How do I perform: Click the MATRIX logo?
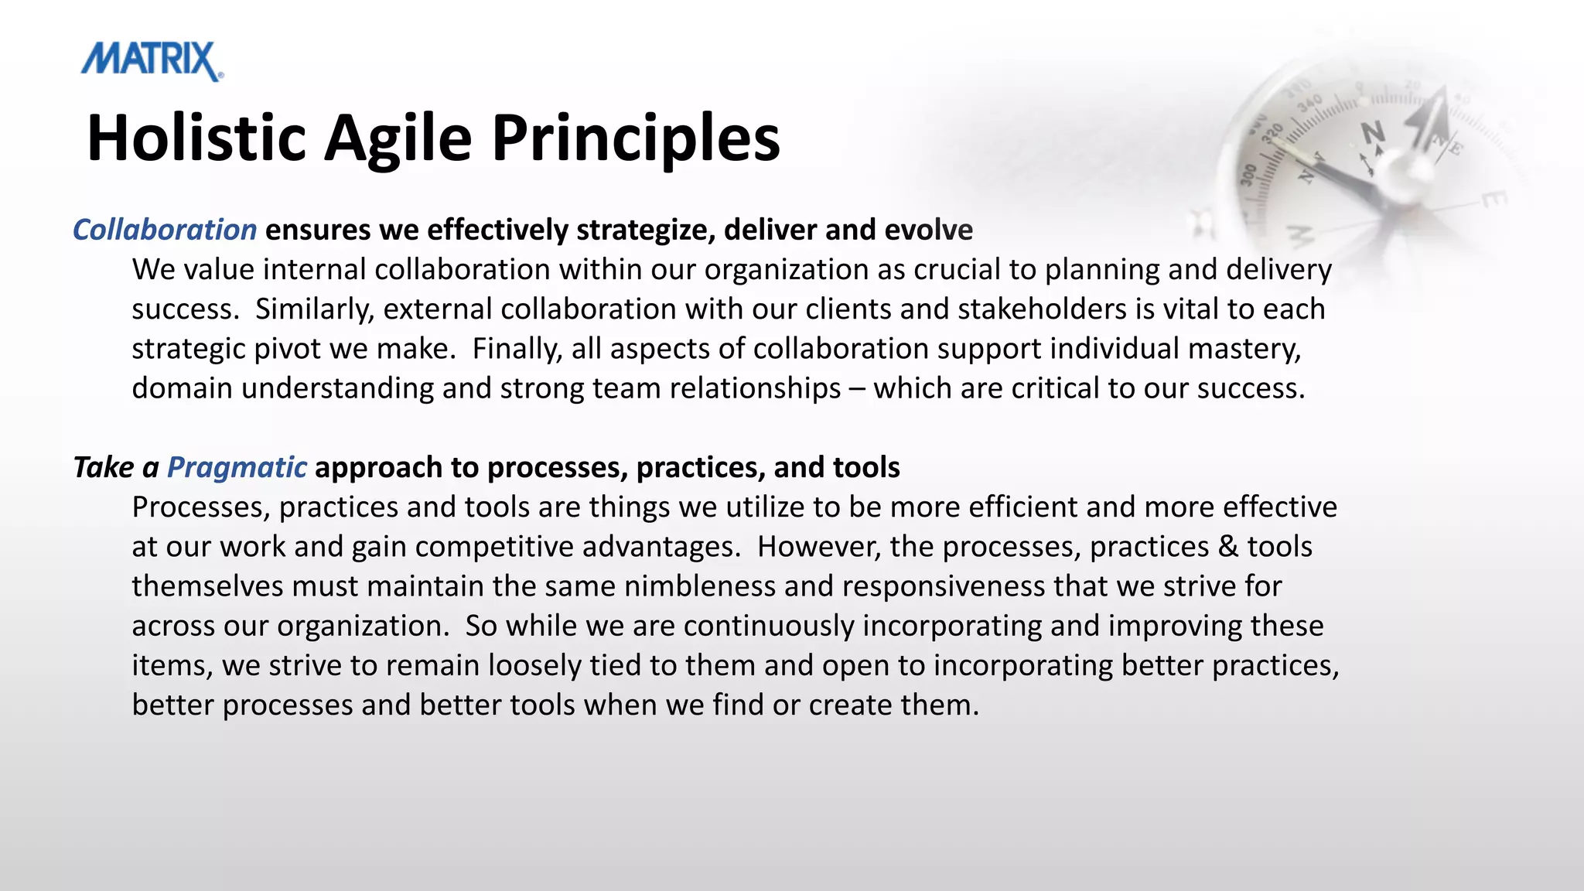pos(152,61)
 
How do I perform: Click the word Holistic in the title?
pos(196,138)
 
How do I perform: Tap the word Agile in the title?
pos(398,138)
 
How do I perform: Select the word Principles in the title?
pos(636,138)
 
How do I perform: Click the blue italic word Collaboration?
pos(165,230)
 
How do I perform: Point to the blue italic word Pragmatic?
pos(237,467)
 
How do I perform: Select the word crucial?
pos(955,269)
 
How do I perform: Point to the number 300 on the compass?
pos(1249,176)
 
